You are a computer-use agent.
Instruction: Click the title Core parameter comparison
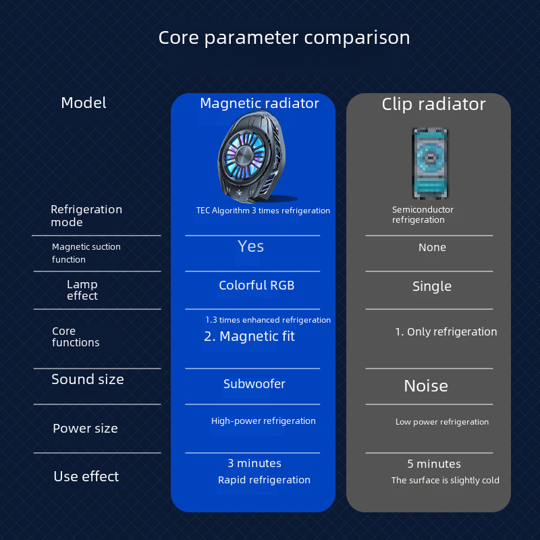point(283,37)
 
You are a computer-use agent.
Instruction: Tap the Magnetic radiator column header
point(259,103)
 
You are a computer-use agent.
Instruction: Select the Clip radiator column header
point(433,104)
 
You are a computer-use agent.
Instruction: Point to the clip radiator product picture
point(431,163)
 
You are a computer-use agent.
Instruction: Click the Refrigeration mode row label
point(86,216)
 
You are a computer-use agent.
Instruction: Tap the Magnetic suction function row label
point(86,253)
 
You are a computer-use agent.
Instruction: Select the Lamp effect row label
point(82,290)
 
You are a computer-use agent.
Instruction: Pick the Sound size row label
point(88,379)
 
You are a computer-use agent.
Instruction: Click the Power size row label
point(85,429)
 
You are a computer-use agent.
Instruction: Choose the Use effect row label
point(86,477)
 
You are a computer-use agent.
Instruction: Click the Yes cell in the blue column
point(250,246)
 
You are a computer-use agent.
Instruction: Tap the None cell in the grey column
point(432,248)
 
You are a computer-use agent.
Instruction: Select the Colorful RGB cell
point(256,286)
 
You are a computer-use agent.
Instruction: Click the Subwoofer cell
point(254,384)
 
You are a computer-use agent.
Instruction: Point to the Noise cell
point(426,386)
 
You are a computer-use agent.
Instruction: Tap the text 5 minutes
point(434,464)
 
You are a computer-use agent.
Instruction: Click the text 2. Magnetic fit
point(250,336)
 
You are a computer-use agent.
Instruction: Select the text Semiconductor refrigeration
point(423,215)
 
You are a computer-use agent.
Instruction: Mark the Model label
point(84,103)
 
